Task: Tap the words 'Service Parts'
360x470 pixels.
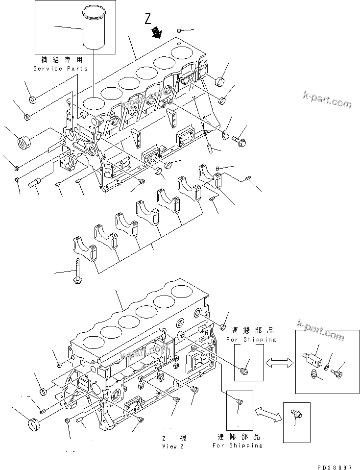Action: [61, 69]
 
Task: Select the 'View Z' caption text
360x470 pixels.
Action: [173, 446]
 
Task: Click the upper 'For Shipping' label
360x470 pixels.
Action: [251, 339]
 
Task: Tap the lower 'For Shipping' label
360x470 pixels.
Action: [237, 445]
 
